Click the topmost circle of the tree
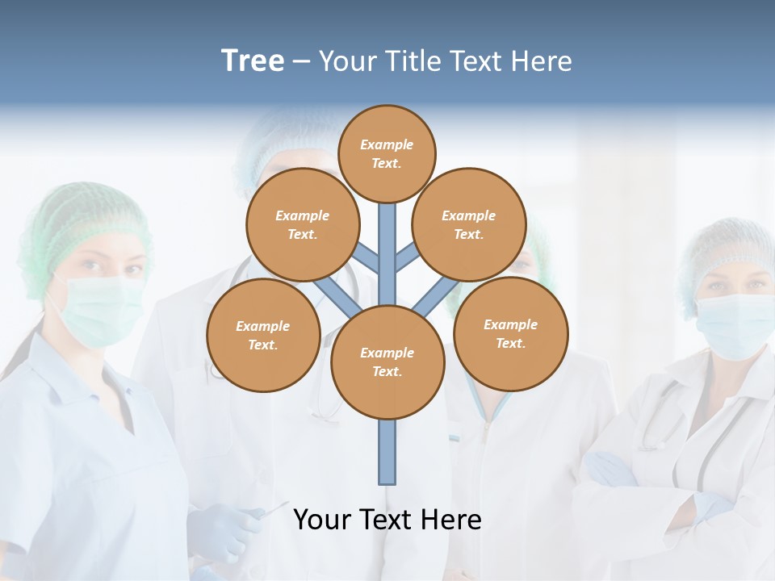coord(387,153)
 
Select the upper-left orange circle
coord(303,224)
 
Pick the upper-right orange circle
coord(469,224)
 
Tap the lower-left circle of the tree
coord(263,335)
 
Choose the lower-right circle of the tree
coord(511,333)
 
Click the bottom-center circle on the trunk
coord(387,362)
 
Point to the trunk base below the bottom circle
coord(387,452)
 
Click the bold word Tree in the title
coord(253,61)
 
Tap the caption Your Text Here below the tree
coord(387,520)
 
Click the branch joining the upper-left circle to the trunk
coord(367,259)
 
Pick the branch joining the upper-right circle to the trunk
coord(407,258)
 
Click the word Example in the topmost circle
coord(387,144)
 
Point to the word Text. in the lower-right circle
coord(510,343)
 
